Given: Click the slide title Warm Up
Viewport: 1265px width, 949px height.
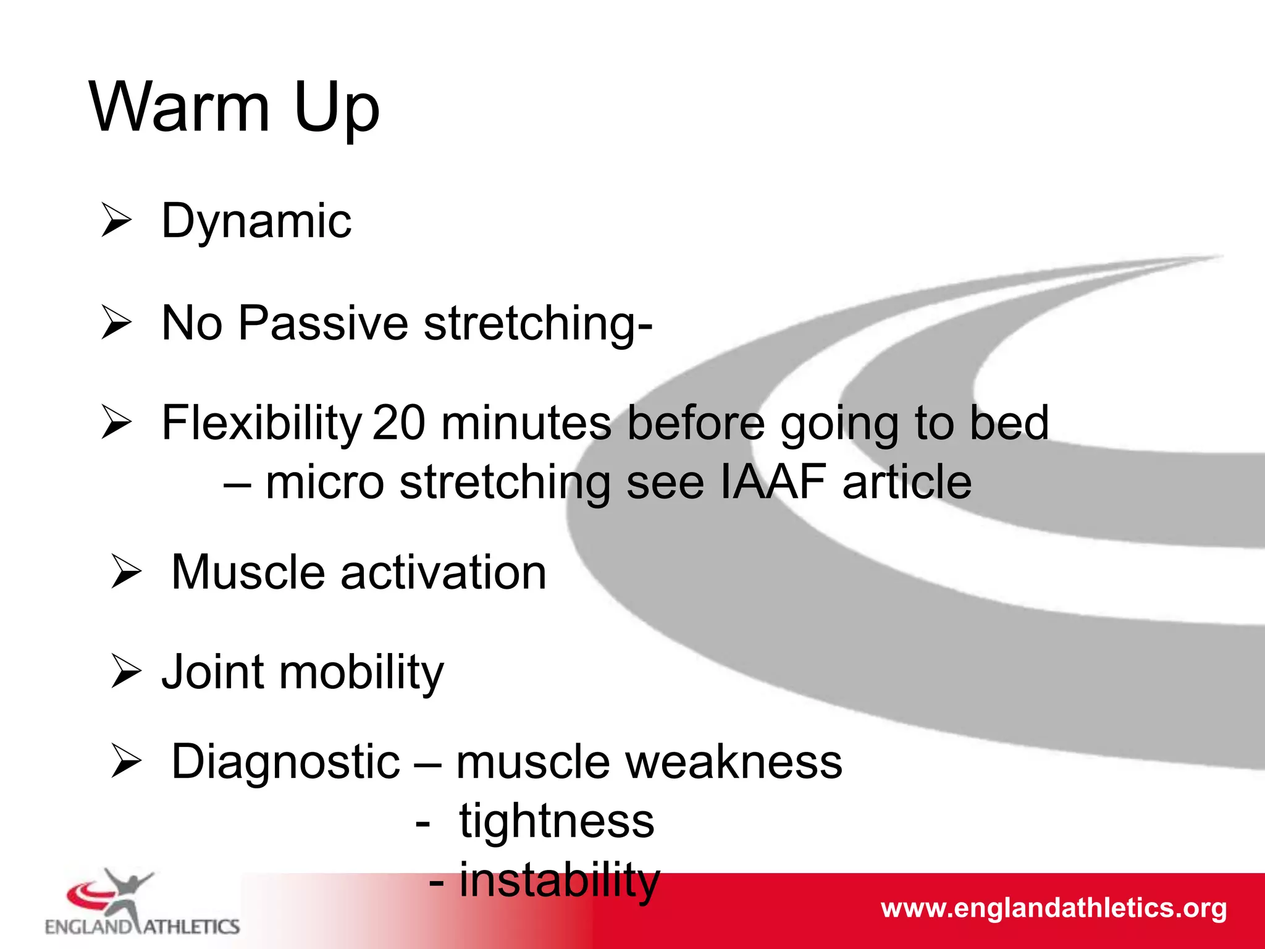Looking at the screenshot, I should (234, 108).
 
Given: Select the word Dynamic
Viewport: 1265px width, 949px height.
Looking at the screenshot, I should (256, 222).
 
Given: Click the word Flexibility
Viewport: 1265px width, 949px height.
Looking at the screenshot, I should (261, 424).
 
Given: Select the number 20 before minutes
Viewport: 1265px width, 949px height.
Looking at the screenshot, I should (398, 424).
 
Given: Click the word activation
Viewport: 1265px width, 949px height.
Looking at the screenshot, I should (443, 573).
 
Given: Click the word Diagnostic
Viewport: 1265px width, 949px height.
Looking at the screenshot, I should (285, 762).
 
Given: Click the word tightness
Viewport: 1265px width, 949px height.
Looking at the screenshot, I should (556, 822).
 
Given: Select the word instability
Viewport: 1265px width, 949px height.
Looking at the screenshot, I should (559, 880).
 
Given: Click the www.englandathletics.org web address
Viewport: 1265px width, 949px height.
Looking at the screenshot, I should (1053, 908).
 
